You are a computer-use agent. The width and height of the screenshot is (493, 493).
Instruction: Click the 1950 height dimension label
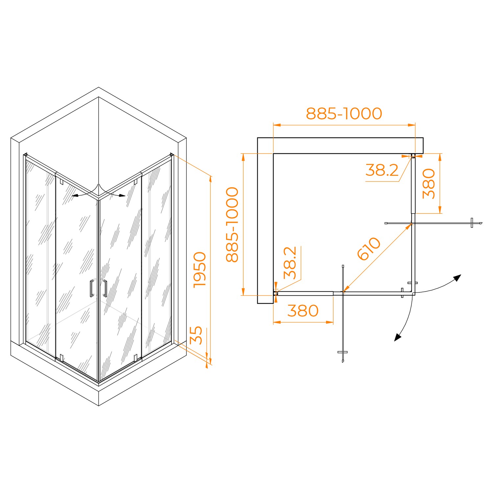tap(200, 270)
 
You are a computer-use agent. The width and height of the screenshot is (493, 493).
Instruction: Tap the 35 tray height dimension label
tap(196, 335)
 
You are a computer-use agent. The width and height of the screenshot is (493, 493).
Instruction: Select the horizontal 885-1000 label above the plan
tap(344, 114)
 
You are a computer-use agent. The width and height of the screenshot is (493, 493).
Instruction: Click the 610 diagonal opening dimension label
tap(369, 248)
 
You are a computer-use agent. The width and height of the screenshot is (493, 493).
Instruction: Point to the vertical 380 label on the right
tap(429, 184)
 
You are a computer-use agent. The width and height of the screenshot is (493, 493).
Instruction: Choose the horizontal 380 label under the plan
tap(303, 311)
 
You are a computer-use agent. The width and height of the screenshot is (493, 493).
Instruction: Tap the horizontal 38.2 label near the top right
tap(382, 170)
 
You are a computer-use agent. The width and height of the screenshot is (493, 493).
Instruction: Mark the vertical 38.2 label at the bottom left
tap(290, 263)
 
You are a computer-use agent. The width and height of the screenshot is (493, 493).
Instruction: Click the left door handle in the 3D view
tap(92, 288)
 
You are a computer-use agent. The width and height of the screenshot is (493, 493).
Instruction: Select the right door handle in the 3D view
tap(105, 288)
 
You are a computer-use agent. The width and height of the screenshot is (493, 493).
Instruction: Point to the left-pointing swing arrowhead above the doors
tap(75, 196)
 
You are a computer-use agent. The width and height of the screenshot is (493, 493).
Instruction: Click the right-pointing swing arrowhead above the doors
tap(122, 196)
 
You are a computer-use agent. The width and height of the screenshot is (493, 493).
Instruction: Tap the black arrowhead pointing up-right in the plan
tap(457, 278)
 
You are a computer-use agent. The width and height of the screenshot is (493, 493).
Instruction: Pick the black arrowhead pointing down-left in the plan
tap(398, 337)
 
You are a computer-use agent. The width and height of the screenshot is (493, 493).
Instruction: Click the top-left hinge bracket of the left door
tap(61, 181)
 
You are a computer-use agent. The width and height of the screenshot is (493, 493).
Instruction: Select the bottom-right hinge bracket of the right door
tap(135, 357)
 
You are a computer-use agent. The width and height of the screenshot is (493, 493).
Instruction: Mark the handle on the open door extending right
tap(472, 223)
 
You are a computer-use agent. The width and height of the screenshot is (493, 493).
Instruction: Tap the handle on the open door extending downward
tap(342, 352)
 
